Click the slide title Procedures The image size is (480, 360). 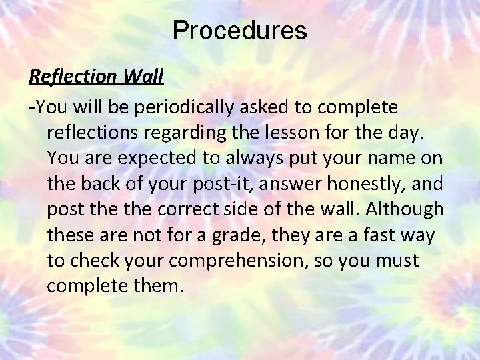point(239,31)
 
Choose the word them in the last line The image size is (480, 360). point(161,286)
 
